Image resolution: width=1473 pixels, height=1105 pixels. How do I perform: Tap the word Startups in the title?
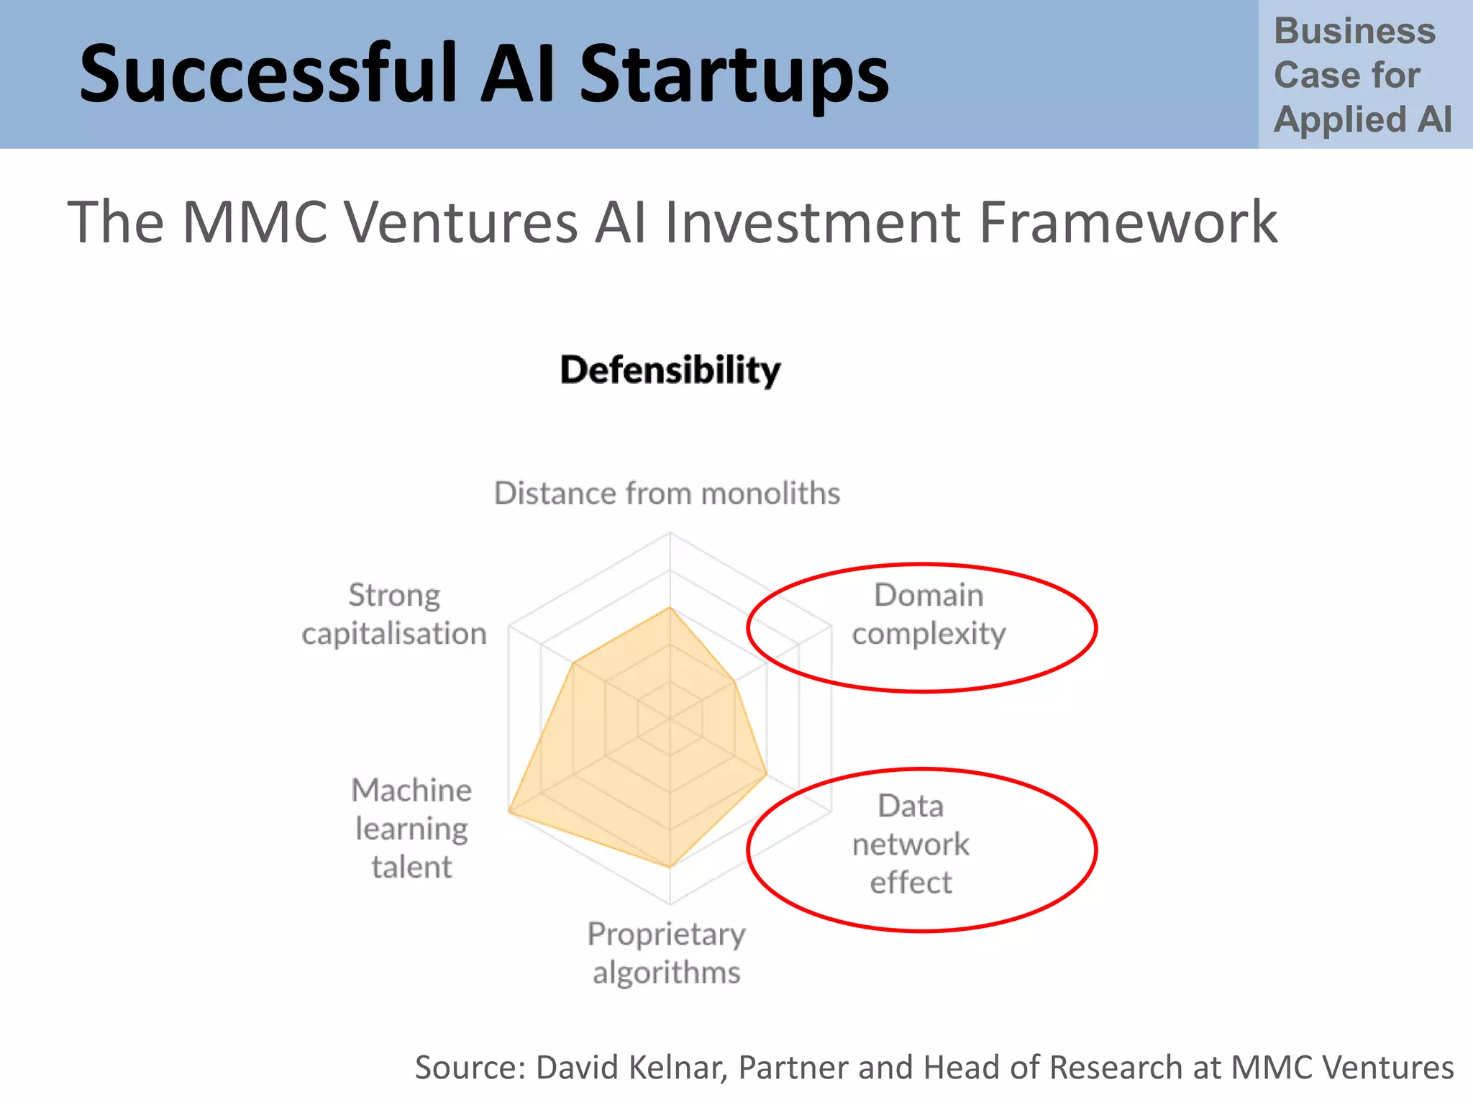(x=734, y=74)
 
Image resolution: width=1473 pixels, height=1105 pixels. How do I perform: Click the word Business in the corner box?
(x=1354, y=32)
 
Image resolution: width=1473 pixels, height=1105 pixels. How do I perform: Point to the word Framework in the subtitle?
(x=1128, y=222)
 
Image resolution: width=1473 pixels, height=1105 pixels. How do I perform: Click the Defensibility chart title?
(x=670, y=370)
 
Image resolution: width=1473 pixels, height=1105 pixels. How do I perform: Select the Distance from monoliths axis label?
(x=667, y=494)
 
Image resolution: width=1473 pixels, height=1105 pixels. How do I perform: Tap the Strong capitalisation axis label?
(x=394, y=614)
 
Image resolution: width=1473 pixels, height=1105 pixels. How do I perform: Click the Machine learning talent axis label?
(x=411, y=828)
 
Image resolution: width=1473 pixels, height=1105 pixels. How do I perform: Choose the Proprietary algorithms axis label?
(x=667, y=953)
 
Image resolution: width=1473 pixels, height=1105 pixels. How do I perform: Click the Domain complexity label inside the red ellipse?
(x=929, y=614)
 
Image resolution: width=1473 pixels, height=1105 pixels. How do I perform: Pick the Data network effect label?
(x=911, y=844)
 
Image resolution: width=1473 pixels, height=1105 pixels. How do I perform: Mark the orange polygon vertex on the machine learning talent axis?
(x=509, y=811)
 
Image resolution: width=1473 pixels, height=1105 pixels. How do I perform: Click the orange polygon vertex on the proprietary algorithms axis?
(x=670, y=867)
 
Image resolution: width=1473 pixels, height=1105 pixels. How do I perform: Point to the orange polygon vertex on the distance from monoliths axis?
(x=670, y=608)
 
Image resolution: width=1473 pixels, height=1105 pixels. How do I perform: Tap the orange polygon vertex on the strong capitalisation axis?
(x=574, y=663)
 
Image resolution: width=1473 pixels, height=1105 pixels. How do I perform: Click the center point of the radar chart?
(x=670, y=718)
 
